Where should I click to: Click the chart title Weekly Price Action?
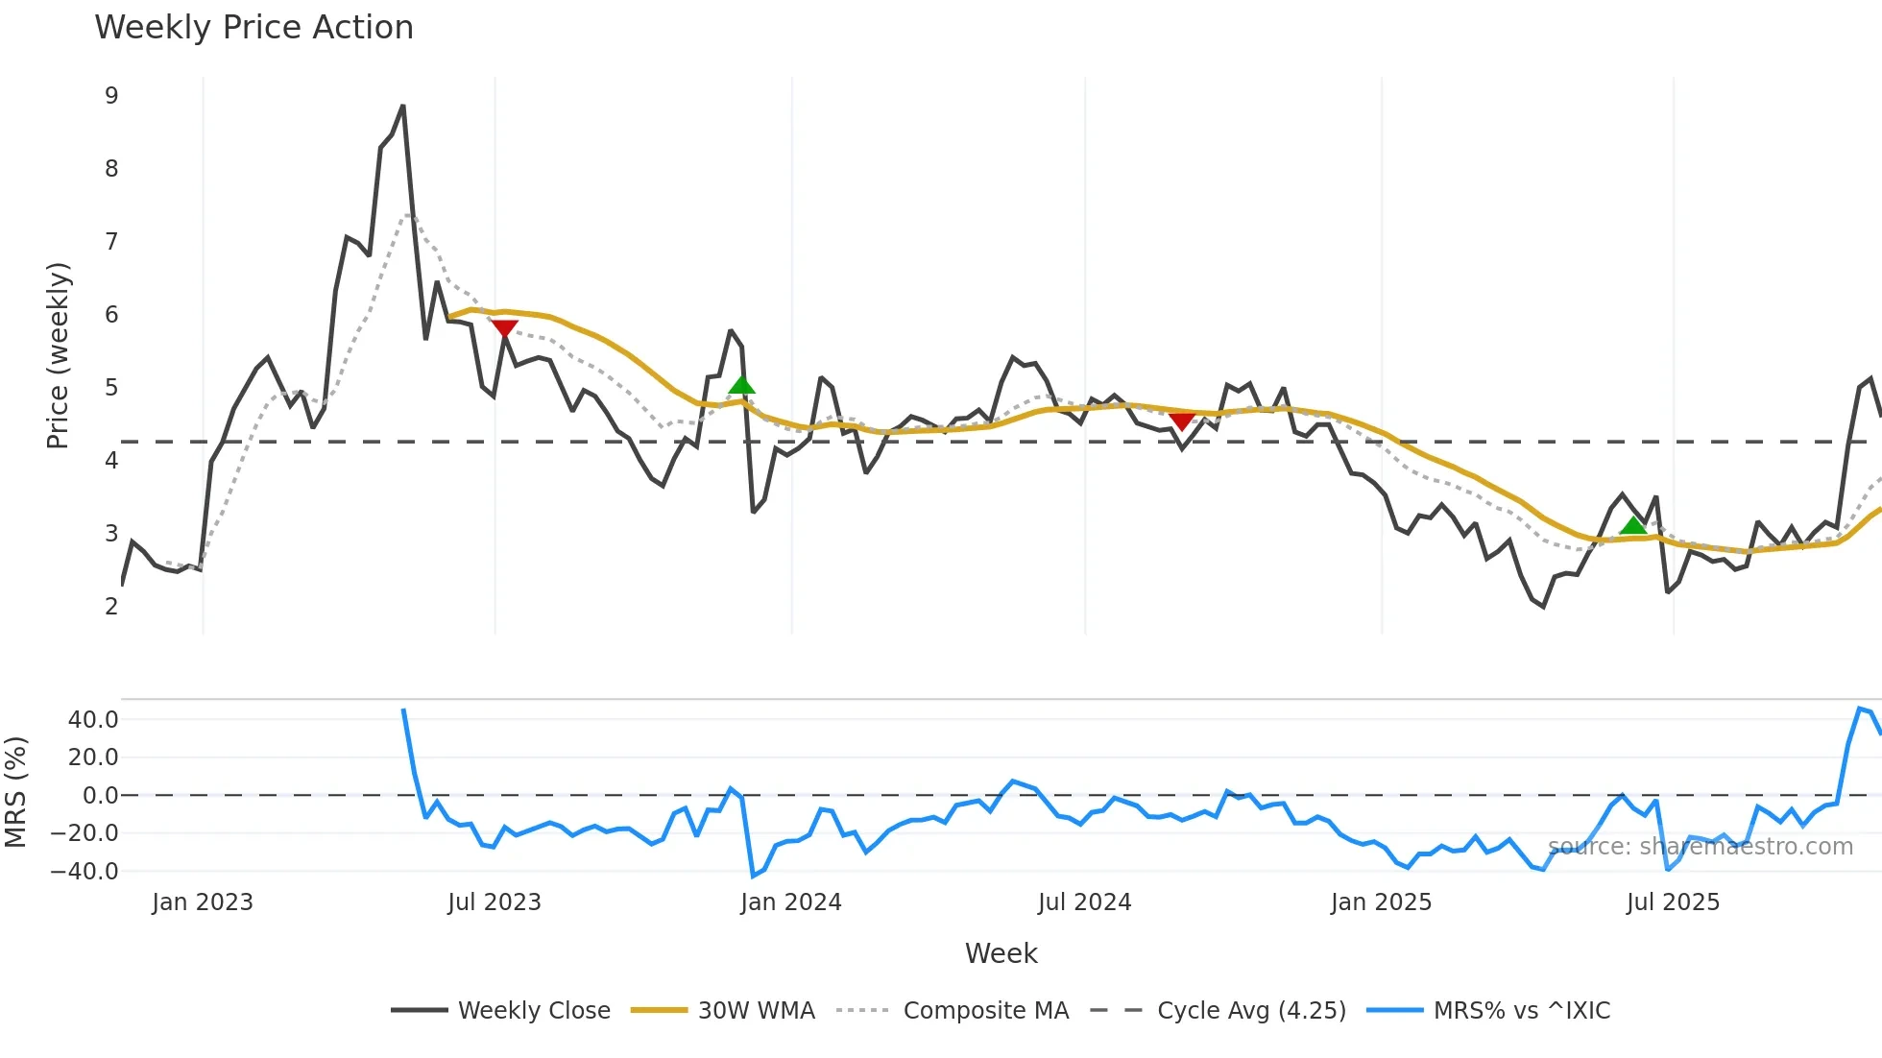coord(253,27)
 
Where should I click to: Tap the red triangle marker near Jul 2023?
coord(505,328)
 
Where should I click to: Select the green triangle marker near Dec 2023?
coord(741,386)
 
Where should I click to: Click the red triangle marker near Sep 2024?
coord(1182,421)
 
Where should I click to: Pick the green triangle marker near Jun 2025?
coord(1632,525)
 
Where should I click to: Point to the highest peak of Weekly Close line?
coord(402,106)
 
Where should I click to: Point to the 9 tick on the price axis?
coord(112,96)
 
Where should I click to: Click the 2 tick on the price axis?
coord(112,606)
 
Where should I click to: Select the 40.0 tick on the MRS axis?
coord(93,719)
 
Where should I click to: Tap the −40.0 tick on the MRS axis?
coord(85,872)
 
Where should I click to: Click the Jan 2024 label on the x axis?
coord(791,902)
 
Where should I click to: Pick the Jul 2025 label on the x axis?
coord(1673,902)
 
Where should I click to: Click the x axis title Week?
coord(1001,953)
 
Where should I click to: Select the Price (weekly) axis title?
coord(58,355)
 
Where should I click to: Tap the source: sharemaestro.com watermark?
coord(1700,847)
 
